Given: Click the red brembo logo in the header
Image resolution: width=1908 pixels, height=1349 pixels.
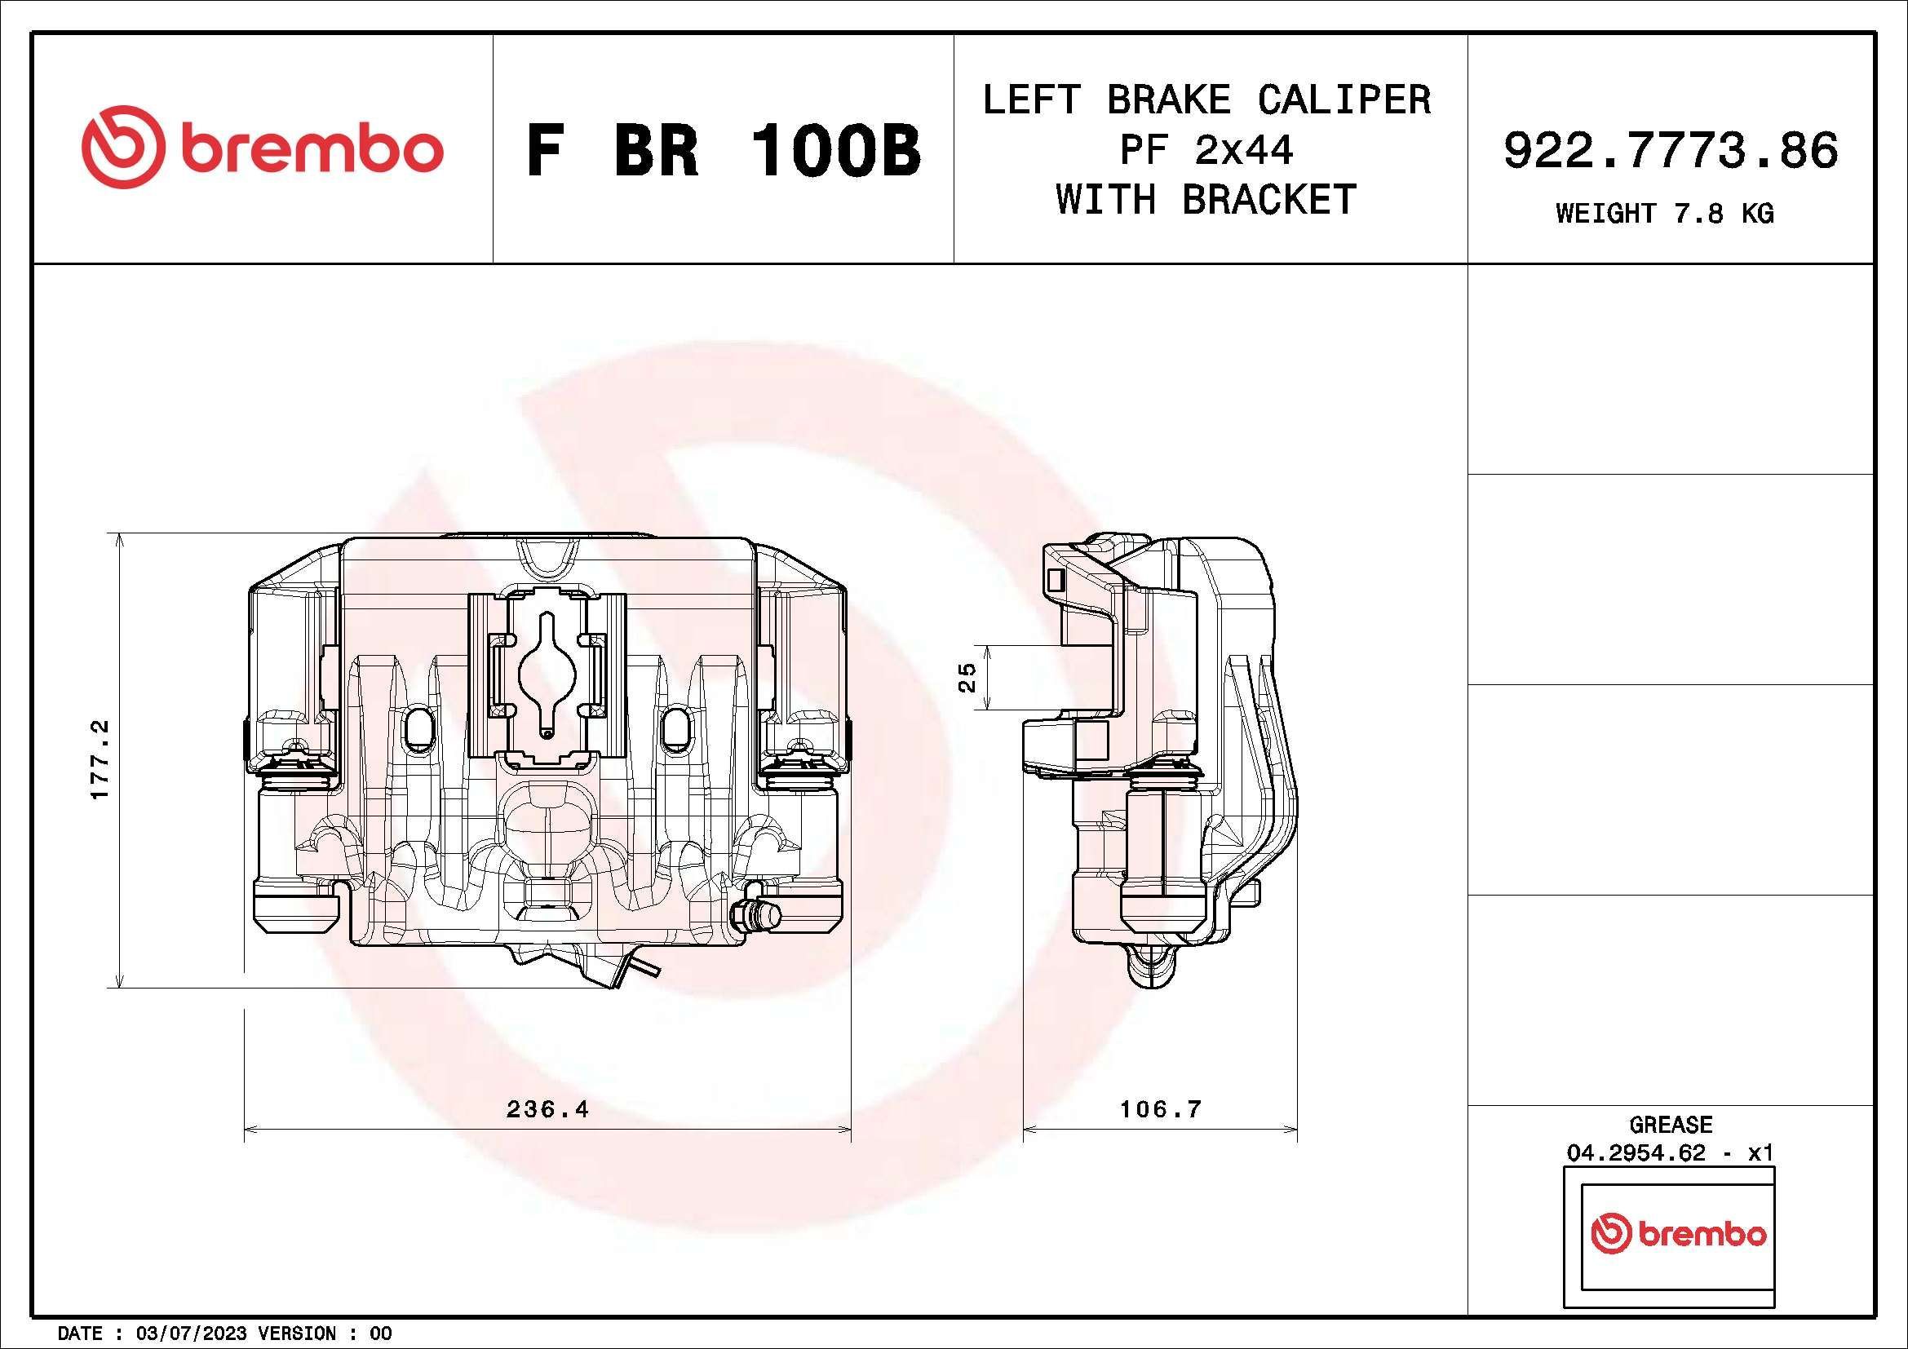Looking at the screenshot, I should click(262, 147).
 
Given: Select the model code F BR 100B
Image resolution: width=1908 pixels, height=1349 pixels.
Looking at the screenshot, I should click(723, 150).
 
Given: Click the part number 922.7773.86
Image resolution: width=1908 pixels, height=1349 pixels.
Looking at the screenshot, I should click(1671, 150).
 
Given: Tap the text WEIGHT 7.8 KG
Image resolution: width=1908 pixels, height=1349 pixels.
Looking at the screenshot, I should click(1665, 214).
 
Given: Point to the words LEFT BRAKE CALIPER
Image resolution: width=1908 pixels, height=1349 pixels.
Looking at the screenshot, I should click(1206, 100).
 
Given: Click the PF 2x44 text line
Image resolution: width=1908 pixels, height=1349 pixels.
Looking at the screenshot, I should click(1206, 150).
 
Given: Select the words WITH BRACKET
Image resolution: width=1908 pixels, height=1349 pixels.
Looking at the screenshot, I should click(1206, 199).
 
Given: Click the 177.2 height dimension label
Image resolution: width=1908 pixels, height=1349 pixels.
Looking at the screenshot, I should click(100, 759).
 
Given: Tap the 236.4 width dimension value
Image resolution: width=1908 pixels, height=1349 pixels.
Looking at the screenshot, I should click(547, 1109).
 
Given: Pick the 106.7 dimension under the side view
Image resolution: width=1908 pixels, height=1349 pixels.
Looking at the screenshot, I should click(1160, 1109).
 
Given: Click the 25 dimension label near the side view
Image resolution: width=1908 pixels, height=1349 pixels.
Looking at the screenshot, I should click(967, 677).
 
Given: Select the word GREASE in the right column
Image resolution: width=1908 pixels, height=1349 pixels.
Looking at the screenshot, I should click(1671, 1125).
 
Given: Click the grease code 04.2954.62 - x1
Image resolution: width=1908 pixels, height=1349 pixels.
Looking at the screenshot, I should click(1671, 1153).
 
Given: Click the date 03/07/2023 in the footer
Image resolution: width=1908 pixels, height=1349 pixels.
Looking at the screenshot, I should click(191, 1334).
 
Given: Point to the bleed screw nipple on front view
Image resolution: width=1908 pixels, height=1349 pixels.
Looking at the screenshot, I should click(756, 915).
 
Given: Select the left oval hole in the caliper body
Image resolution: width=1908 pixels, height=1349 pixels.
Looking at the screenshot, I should click(416, 728).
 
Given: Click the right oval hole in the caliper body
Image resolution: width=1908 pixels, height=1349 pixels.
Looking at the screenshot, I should click(679, 728).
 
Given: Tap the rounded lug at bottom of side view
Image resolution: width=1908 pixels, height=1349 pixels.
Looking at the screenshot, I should click(1152, 968).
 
